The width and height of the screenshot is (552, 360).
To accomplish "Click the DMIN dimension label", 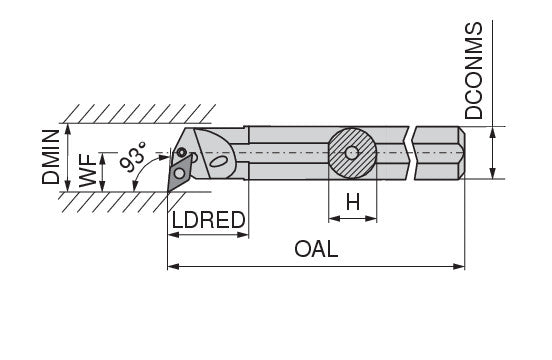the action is (51, 157).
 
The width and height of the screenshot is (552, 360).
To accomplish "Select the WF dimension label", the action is (88, 171).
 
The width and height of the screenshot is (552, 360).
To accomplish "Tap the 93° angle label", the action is (133, 157).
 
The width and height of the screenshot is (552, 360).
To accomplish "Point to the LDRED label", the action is (208, 220).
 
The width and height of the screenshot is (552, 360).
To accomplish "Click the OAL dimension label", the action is (316, 249).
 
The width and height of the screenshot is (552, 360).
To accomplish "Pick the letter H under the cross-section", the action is (353, 202).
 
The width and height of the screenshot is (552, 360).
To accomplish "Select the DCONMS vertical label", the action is (473, 70).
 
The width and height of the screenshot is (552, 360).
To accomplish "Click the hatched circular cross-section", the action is (352, 153).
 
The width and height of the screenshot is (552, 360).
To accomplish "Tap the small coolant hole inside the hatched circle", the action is (352, 153).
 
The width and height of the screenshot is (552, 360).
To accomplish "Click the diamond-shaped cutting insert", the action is (178, 172).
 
